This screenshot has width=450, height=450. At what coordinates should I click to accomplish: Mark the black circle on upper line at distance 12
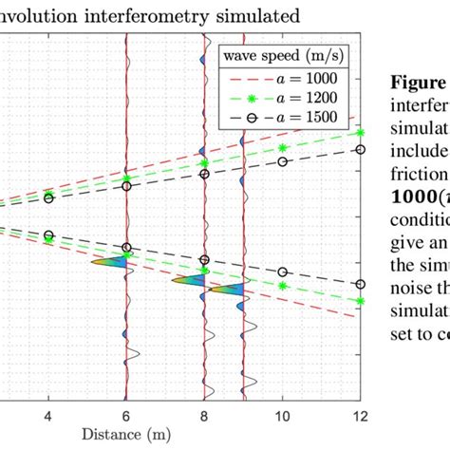coord(360,149)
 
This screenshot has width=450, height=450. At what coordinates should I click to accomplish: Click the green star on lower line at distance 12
coord(360,301)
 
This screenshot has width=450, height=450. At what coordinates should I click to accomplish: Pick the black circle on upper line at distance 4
coord(48,198)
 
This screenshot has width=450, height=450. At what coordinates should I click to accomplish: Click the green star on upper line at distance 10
coord(282,148)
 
